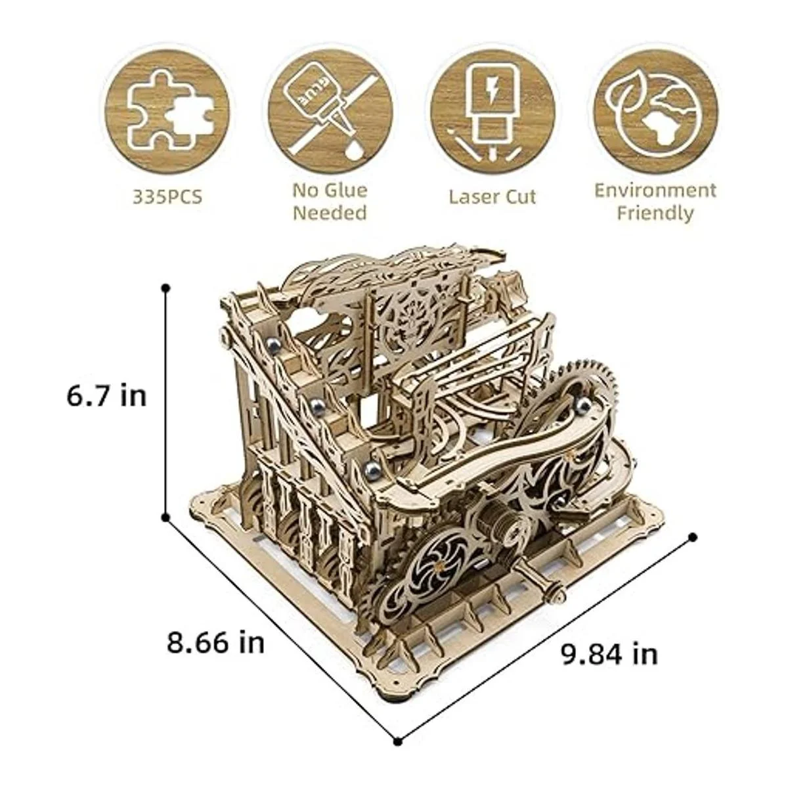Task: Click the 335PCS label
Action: (167, 197)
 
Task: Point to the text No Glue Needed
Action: (330, 202)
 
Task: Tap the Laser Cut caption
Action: (492, 197)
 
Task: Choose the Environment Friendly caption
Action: (655, 202)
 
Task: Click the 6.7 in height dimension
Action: (106, 396)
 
